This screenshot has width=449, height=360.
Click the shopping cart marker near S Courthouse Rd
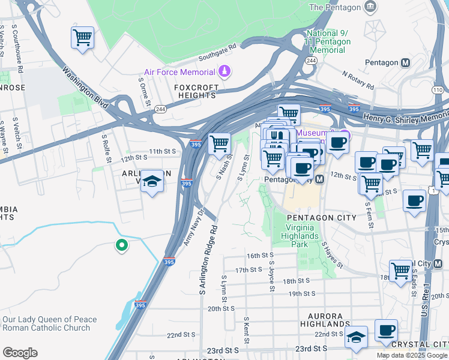[x=82, y=38]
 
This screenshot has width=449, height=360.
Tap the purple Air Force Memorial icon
[x=224, y=71]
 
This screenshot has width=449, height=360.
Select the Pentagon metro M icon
[x=406, y=62]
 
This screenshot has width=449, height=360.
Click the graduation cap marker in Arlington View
[x=152, y=182]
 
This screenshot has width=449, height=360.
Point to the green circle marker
[x=121, y=245]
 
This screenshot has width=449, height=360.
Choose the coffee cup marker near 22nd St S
[x=386, y=330]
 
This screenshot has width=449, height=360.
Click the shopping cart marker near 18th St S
[x=400, y=270]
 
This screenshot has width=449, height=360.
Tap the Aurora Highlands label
[x=325, y=320]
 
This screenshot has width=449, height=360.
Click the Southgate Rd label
[x=218, y=53]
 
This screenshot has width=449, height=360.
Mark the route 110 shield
[x=437, y=90]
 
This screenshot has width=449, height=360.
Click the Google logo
[x=20, y=353]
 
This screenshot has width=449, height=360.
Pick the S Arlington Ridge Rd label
[x=206, y=260]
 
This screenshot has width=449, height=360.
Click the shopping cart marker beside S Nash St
[x=219, y=143]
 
